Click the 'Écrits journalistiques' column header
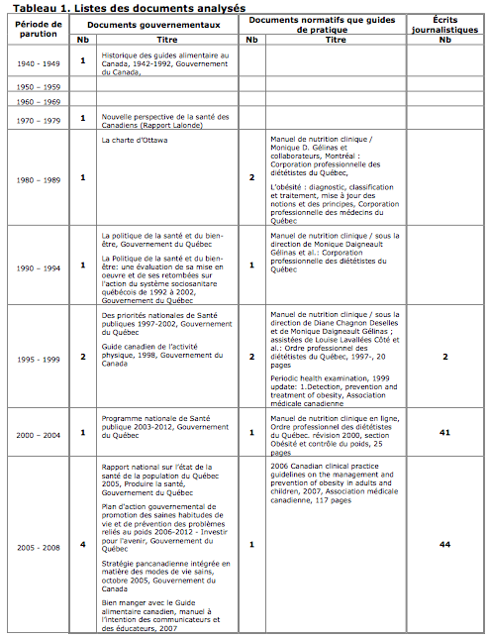point(443,24)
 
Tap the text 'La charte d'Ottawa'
point(135,141)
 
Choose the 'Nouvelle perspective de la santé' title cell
point(166,120)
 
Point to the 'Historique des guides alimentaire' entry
point(166,62)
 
